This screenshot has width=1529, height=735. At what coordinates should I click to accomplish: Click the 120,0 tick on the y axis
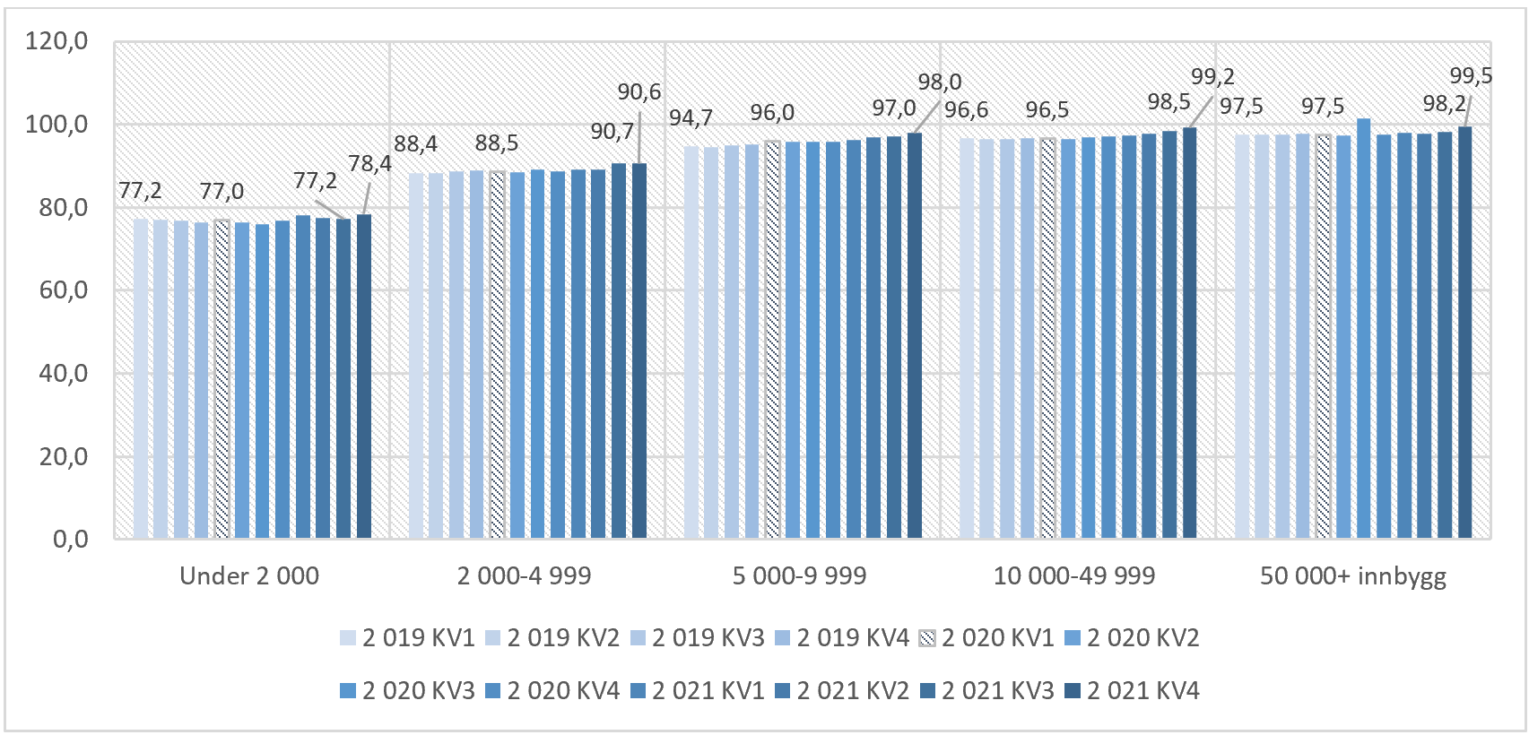[x=56, y=41]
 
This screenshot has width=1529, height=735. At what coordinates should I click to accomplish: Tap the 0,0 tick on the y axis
[x=70, y=540]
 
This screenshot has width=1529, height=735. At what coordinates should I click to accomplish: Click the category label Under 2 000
[x=249, y=576]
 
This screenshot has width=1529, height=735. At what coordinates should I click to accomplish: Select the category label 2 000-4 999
[x=524, y=576]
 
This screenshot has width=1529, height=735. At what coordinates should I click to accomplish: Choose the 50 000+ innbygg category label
[x=1353, y=576]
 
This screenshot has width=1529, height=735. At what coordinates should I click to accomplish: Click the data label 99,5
[x=1471, y=76]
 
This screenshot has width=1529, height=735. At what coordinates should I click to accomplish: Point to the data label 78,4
[x=370, y=164]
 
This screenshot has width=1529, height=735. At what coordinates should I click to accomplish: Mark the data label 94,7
[x=691, y=118]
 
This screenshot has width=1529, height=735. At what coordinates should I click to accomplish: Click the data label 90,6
[x=639, y=92]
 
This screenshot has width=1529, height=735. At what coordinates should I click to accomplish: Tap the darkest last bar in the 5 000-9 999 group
[x=914, y=336]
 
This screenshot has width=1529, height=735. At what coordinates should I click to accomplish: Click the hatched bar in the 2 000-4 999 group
[x=498, y=355]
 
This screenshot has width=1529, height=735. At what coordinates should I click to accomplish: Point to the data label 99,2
[x=1212, y=77]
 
